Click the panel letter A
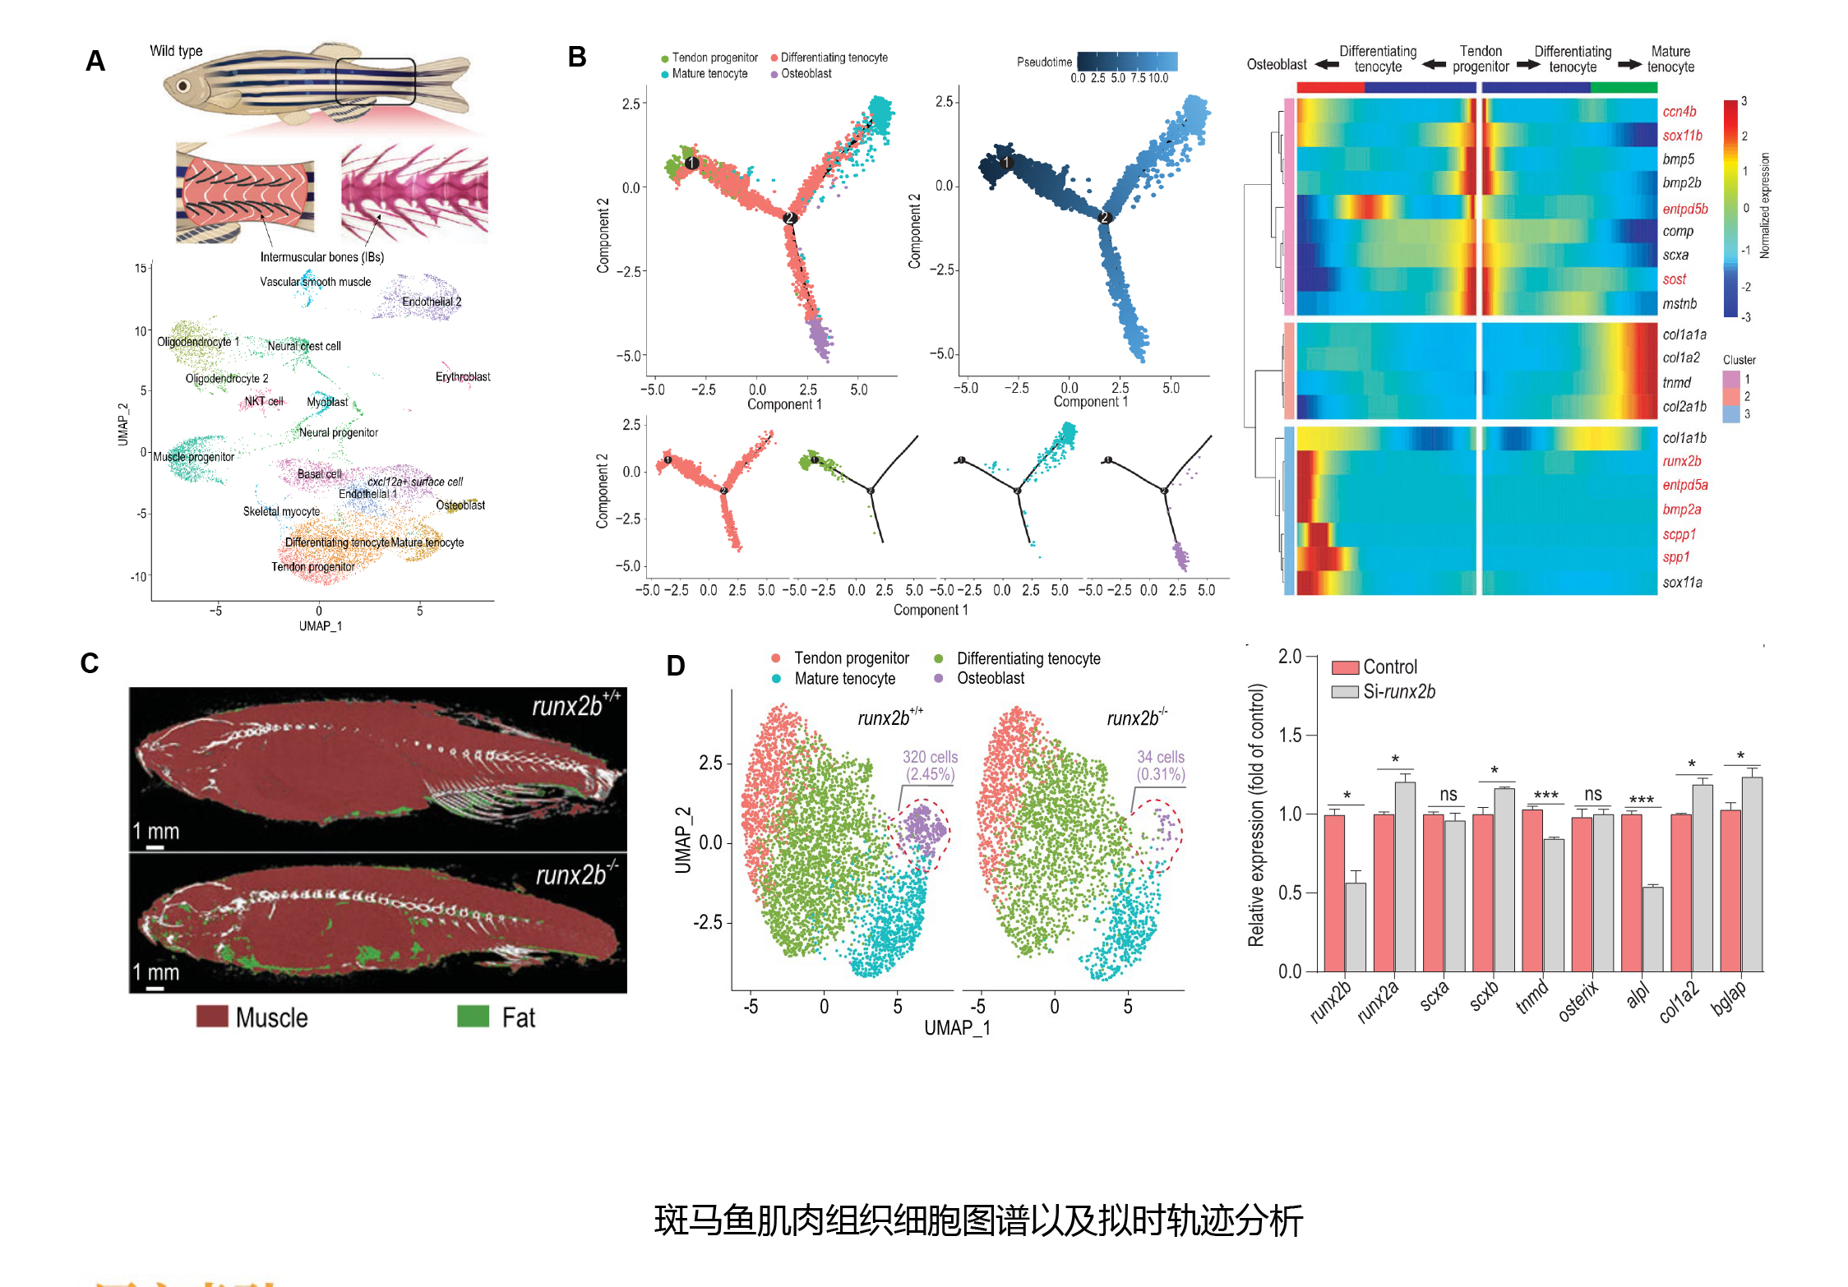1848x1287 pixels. (95, 61)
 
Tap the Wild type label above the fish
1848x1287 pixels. (176, 51)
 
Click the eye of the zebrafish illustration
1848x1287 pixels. (183, 85)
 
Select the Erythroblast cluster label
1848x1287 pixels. (463, 376)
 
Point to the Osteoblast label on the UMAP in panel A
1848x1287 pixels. (460, 505)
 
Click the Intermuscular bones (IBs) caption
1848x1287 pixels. (322, 256)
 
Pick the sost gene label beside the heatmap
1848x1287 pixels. (1674, 279)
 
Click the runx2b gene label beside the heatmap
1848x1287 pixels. (1681, 461)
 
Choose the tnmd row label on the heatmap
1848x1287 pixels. (1676, 382)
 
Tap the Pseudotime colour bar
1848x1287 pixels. (1127, 62)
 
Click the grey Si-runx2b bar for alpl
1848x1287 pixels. (1652, 929)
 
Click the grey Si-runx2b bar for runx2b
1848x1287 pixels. (1356, 926)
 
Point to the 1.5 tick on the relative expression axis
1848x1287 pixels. (1290, 735)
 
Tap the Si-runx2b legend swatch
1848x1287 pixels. (1345, 692)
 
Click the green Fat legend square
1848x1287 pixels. (473, 1017)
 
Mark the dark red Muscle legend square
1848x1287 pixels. (212, 1017)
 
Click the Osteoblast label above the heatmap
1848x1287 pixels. (1276, 64)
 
